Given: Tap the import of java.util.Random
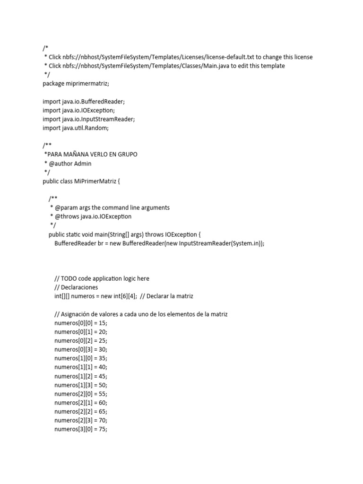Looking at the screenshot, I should (x=78, y=128).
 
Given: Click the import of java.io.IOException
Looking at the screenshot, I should (x=78, y=110).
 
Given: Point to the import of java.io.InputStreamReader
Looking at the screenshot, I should (x=89, y=119).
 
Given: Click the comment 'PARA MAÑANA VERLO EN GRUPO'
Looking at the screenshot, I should (x=92, y=155).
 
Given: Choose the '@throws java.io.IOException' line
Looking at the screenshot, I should (x=93, y=216).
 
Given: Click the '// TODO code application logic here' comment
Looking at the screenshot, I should (x=102, y=278).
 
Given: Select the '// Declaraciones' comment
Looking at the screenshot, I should (x=76, y=287).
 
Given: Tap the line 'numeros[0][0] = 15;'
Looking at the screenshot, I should (x=81, y=323).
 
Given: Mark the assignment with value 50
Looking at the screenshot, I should (x=81, y=385).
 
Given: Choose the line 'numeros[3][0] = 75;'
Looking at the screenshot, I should (x=81, y=430).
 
